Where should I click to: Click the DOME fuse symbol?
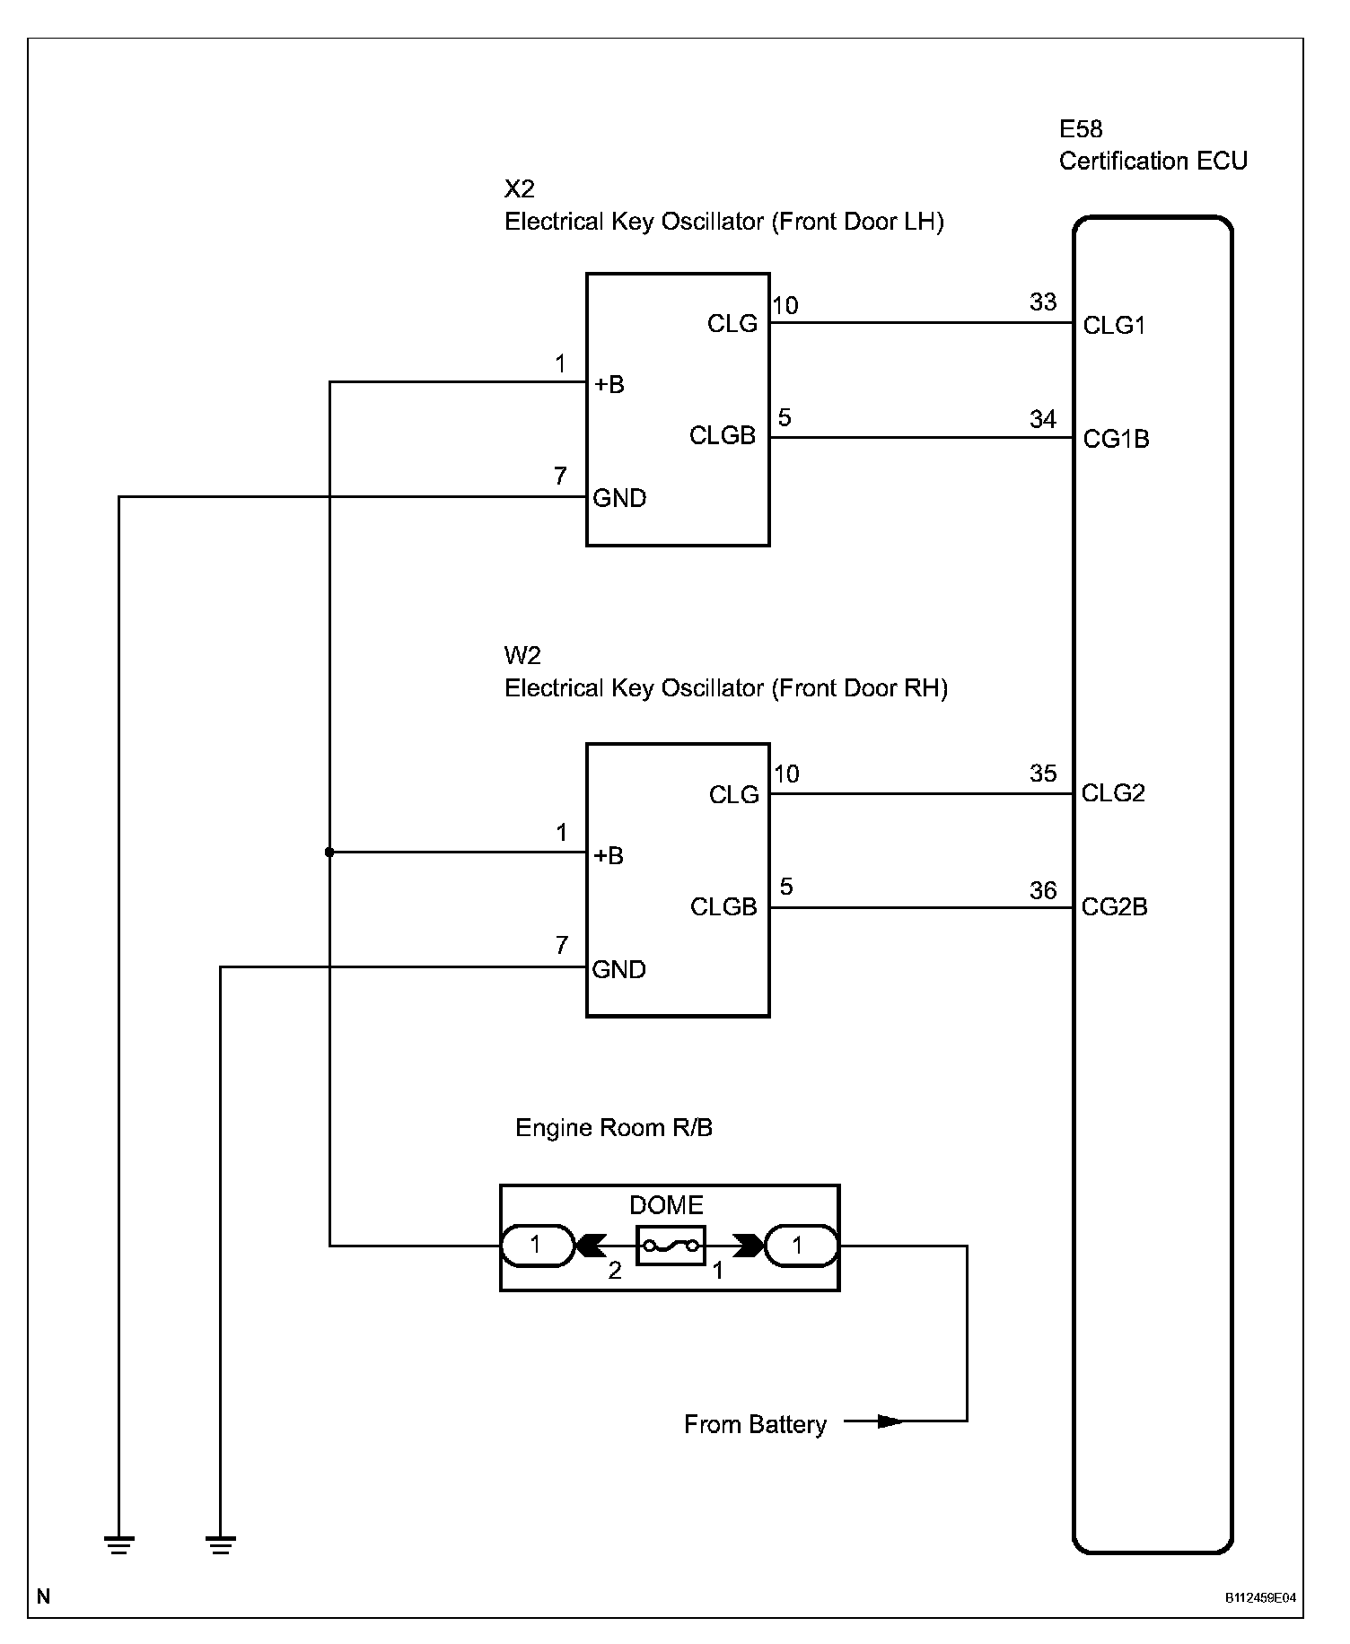(x=671, y=1246)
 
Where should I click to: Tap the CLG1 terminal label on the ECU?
(x=1114, y=325)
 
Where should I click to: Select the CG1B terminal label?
(x=1116, y=439)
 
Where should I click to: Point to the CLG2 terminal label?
(x=1113, y=793)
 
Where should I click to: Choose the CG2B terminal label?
(x=1114, y=906)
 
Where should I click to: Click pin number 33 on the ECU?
(x=1043, y=302)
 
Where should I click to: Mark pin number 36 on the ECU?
(x=1043, y=890)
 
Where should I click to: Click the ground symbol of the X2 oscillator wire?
(x=119, y=1544)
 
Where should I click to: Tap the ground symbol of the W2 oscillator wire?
(x=221, y=1544)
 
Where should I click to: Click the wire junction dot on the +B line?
(x=329, y=852)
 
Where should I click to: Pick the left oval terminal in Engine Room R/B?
(x=536, y=1246)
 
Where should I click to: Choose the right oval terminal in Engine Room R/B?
(x=799, y=1246)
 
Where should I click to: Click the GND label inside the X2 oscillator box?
(x=619, y=498)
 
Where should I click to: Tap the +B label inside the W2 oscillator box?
(x=609, y=855)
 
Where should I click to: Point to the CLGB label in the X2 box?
(x=723, y=436)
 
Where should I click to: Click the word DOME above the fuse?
(x=666, y=1205)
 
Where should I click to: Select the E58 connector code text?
(x=1081, y=129)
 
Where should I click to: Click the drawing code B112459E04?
(x=1261, y=1597)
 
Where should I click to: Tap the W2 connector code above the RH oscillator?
(x=522, y=655)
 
